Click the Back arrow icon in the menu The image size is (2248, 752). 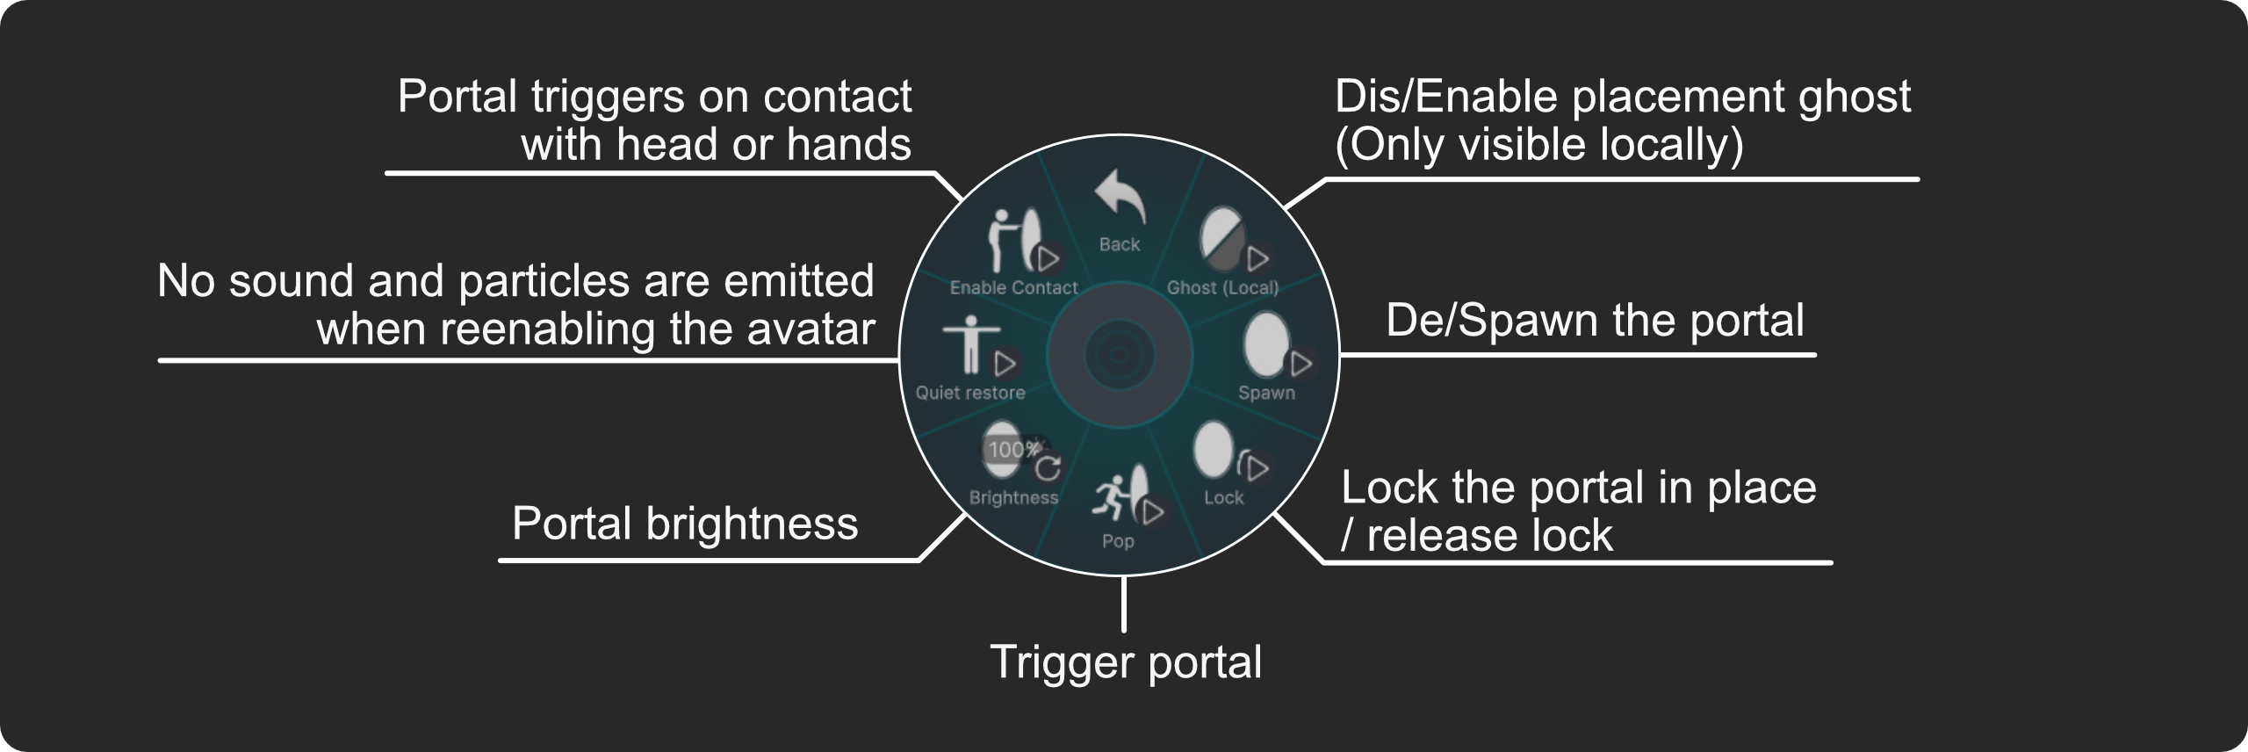1120,198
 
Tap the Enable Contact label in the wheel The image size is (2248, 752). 1013,288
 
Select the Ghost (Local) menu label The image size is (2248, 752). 1222,288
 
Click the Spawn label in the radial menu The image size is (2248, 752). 1266,393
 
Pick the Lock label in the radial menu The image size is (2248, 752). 1223,498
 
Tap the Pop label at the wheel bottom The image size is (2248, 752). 1118,541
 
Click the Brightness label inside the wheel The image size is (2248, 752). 1013,498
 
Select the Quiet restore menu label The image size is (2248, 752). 970,393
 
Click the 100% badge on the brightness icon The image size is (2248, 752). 1013,450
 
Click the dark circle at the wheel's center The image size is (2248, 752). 1119,355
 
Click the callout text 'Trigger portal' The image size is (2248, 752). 1126,662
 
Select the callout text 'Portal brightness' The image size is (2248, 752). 685,524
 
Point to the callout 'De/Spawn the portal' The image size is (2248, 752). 1595,320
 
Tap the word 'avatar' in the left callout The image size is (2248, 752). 811,329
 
